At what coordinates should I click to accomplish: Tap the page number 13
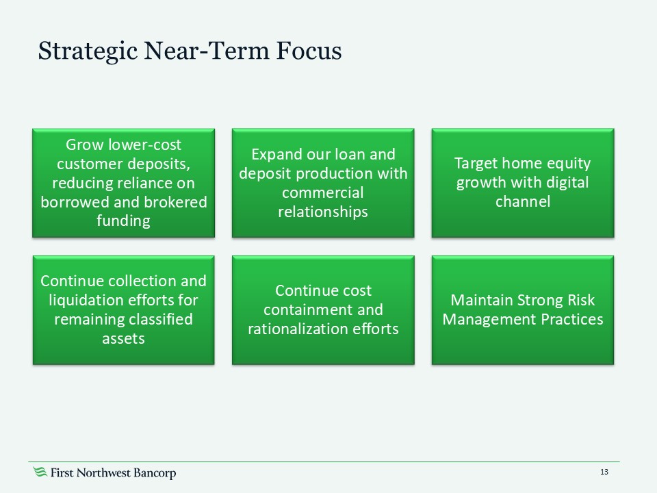click(604, 472)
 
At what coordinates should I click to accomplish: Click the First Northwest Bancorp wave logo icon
click(40, 472)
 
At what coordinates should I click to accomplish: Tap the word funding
click(123, 221)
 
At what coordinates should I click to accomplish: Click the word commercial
click(322, 192)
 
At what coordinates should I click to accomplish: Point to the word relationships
click(322, 212)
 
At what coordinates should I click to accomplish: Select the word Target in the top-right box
click(477, 164)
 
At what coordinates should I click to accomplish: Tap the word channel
click(522, 202)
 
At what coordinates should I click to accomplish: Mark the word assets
click(123, 338)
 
